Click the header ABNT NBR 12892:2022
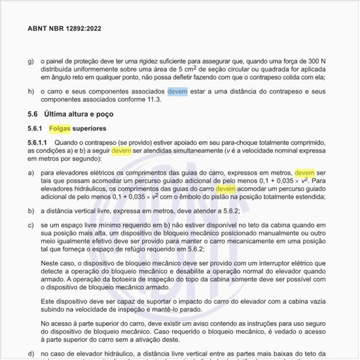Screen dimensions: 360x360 point(64,29)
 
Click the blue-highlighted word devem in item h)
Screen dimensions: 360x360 point(177,92)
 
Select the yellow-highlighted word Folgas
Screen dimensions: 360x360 point(60,128)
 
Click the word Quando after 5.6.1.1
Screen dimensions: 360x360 point(71,142)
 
